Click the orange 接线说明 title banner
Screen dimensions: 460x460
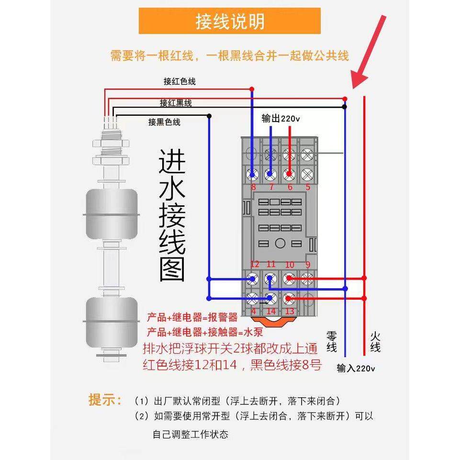coord(230,21)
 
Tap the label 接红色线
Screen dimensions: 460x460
coord(180,81)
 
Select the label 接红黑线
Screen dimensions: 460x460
coord(176,102)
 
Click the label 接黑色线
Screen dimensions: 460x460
coord(164,122)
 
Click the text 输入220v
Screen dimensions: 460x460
coord(356,368)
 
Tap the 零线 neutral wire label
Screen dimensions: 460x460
coord(332,340)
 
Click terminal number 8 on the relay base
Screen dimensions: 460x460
coord(253,187)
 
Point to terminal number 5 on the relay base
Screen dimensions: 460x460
coord(308,187)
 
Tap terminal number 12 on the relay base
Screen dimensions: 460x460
coord(254,264)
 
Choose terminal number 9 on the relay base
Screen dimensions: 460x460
coord(308,264)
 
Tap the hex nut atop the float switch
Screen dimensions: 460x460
coord(111,143)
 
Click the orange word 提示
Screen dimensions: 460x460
coord(105,400)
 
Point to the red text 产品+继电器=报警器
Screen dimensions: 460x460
coord(192,317)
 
